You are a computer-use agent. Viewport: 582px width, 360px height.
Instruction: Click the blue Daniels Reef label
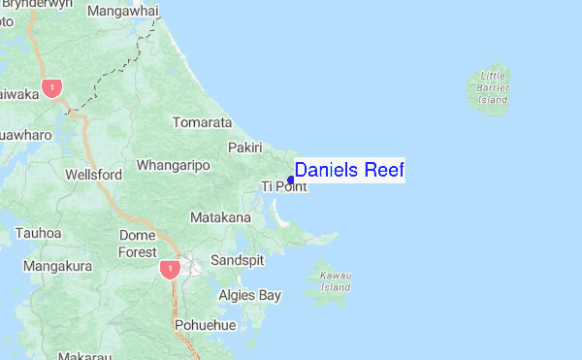coord(349,171)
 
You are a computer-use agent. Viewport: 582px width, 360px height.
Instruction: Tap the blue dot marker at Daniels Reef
coord(291,179)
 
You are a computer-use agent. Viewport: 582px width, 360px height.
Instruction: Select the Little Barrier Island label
coord(493,87)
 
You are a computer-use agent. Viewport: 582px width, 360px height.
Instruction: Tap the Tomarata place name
coord(202,123)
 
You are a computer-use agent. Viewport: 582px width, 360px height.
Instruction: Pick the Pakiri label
coord(245,147)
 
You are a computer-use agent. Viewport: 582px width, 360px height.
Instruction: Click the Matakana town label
coord(220,217)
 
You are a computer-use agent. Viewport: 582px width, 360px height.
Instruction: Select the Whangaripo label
coord(174,166)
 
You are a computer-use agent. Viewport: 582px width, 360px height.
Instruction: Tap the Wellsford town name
coord(93,175)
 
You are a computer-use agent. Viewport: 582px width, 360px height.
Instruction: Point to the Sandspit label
coord(237,261)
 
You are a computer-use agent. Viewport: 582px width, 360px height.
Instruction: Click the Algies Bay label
coord(249,295)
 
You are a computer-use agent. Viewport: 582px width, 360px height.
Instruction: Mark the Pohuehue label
coord(206,325)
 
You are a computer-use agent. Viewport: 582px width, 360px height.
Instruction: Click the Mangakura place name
coord(57,265)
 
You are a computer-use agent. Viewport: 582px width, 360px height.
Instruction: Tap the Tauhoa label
coord(39,233)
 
